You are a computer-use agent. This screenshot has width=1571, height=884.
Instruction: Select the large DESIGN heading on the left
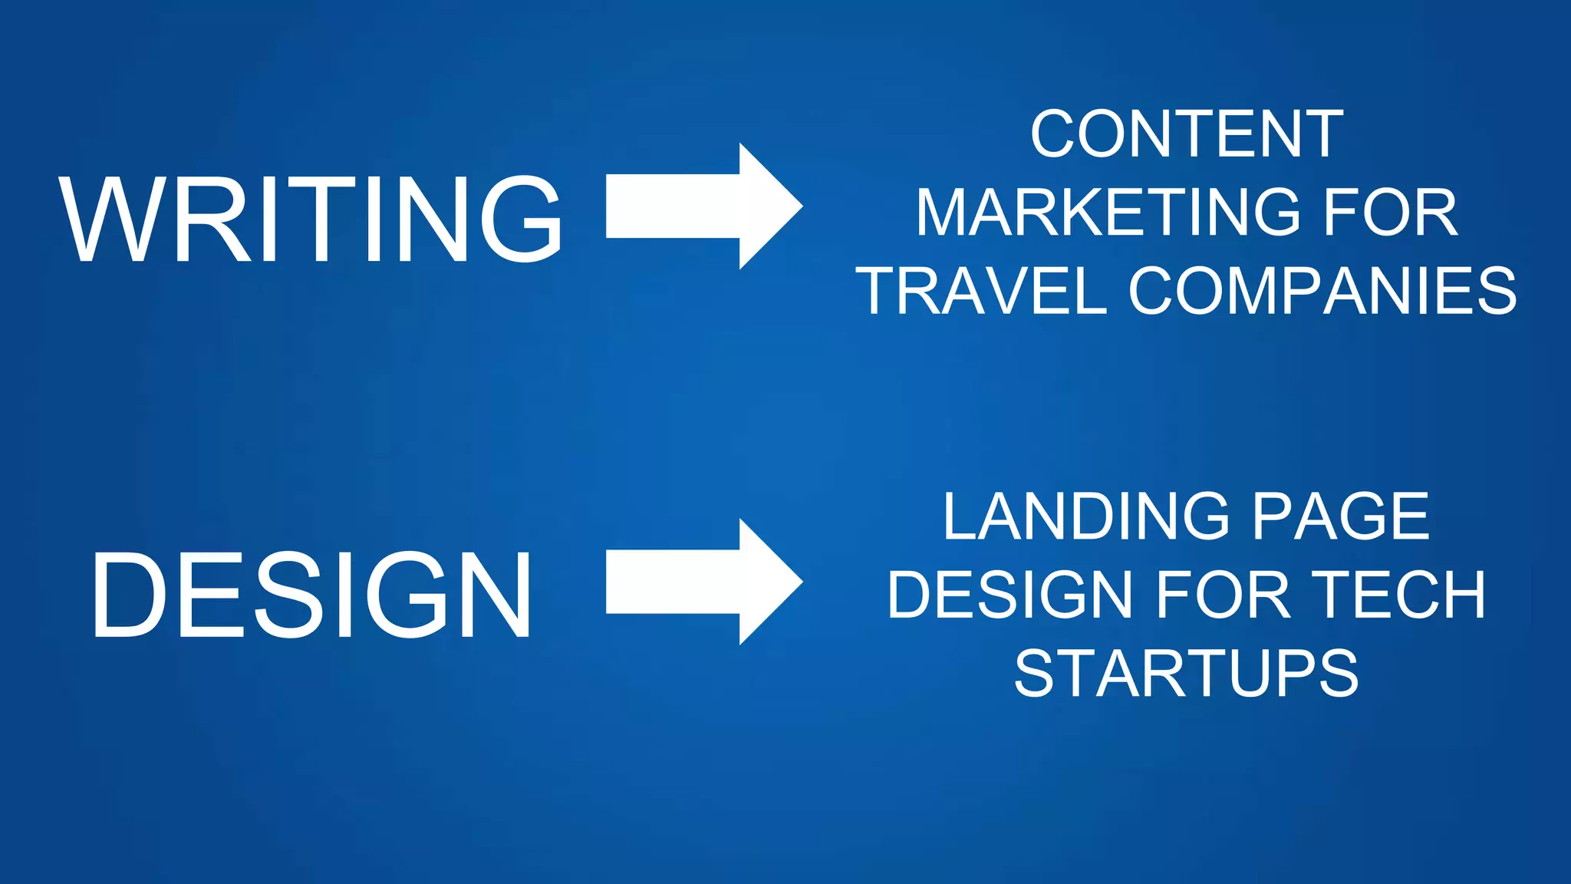point(311,595)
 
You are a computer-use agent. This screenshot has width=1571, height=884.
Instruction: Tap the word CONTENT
point(1186,134)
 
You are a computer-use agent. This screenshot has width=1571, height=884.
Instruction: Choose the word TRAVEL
point(982,292)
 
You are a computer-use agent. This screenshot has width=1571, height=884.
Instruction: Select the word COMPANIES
point(1322,292)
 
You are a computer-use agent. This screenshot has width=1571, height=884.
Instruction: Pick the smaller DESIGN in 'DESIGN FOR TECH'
point(1009,595)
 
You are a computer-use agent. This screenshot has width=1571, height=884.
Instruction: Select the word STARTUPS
point(1186,673)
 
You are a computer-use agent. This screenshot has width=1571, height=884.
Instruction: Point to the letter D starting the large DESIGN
point(129,595)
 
